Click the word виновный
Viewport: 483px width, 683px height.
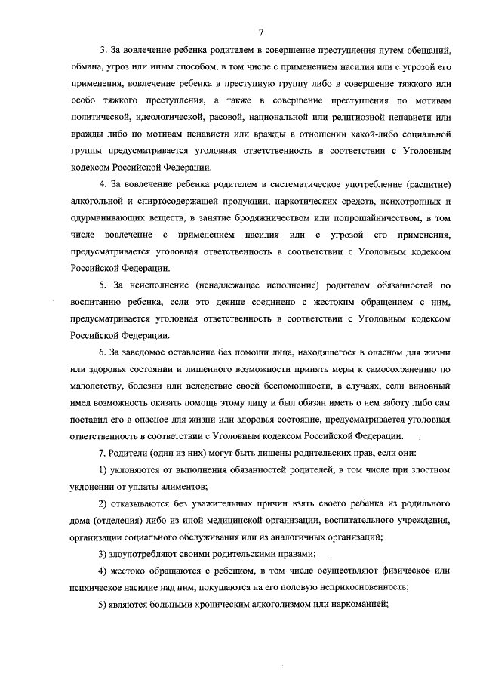click(430, 386)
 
